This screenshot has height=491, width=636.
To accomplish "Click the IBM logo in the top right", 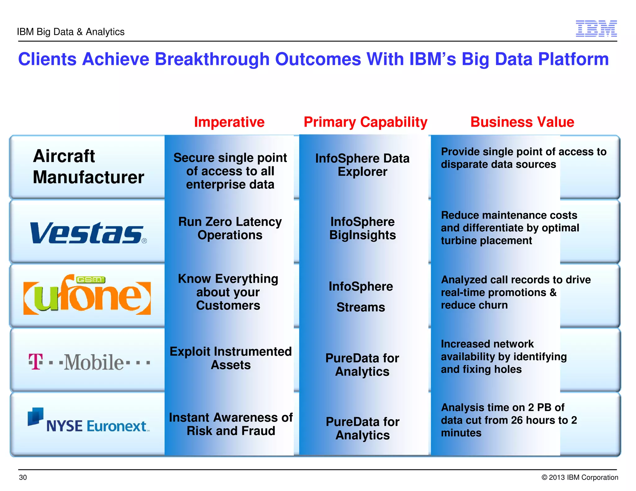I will click(596, 29).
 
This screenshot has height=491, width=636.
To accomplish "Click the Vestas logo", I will click(88, 233).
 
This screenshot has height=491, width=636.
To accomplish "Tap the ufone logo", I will click(87, 295).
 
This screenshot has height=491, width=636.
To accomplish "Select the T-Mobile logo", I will click(89, 362).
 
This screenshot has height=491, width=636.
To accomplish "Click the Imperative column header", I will click(229, 122).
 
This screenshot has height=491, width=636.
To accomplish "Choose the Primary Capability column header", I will click(365, 122).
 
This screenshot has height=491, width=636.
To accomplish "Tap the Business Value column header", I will click(522, 122).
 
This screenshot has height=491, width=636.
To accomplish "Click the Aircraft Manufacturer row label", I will click(88, 167).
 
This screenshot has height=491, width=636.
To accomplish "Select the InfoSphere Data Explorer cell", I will click(362, 165).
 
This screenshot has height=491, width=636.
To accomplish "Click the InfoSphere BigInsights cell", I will click(362, 228).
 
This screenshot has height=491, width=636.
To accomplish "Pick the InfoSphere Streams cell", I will click(361, 296).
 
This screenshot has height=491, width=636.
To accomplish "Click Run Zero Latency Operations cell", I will click(230, 228).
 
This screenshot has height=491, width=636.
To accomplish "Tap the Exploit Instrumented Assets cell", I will click(230, 358).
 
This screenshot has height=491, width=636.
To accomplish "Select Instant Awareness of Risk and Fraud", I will click(230, 424).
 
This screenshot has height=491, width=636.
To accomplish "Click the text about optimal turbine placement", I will click(509, 228).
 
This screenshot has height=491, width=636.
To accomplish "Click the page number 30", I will click(23, 477).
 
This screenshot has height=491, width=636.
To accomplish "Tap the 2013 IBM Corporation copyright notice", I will click(579, 477).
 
